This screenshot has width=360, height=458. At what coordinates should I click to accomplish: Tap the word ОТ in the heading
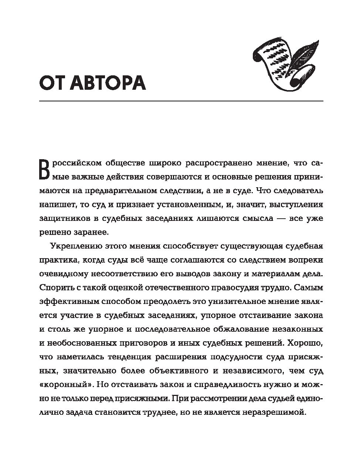(52, 83)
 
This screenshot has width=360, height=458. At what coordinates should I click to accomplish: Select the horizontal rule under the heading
(181, 101)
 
